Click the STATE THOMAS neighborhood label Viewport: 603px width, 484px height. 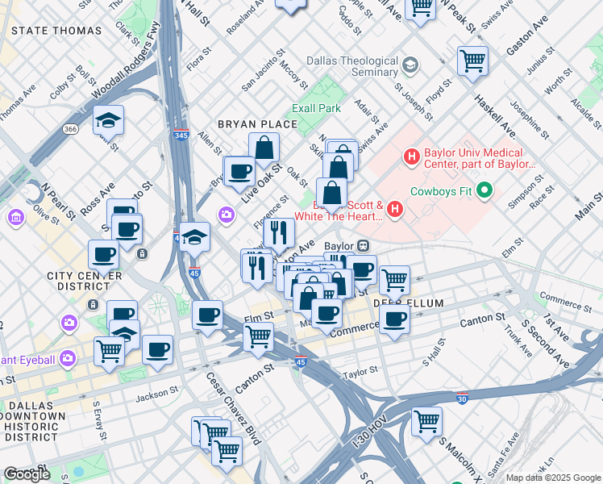point(56,31)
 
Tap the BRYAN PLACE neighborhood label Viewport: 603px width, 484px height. point(258,124)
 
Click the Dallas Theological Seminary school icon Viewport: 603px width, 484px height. point(410,64)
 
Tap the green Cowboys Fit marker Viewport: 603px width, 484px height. point(484,191)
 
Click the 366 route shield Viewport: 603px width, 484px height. point(71,129)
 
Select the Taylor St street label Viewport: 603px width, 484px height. point(360,372)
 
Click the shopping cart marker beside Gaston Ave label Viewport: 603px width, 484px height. point(472,60)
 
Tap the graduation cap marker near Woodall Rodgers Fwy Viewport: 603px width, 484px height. point(108,120)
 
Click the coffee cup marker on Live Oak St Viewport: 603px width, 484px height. point(239,171)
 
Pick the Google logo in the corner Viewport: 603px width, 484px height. point(27,474)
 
